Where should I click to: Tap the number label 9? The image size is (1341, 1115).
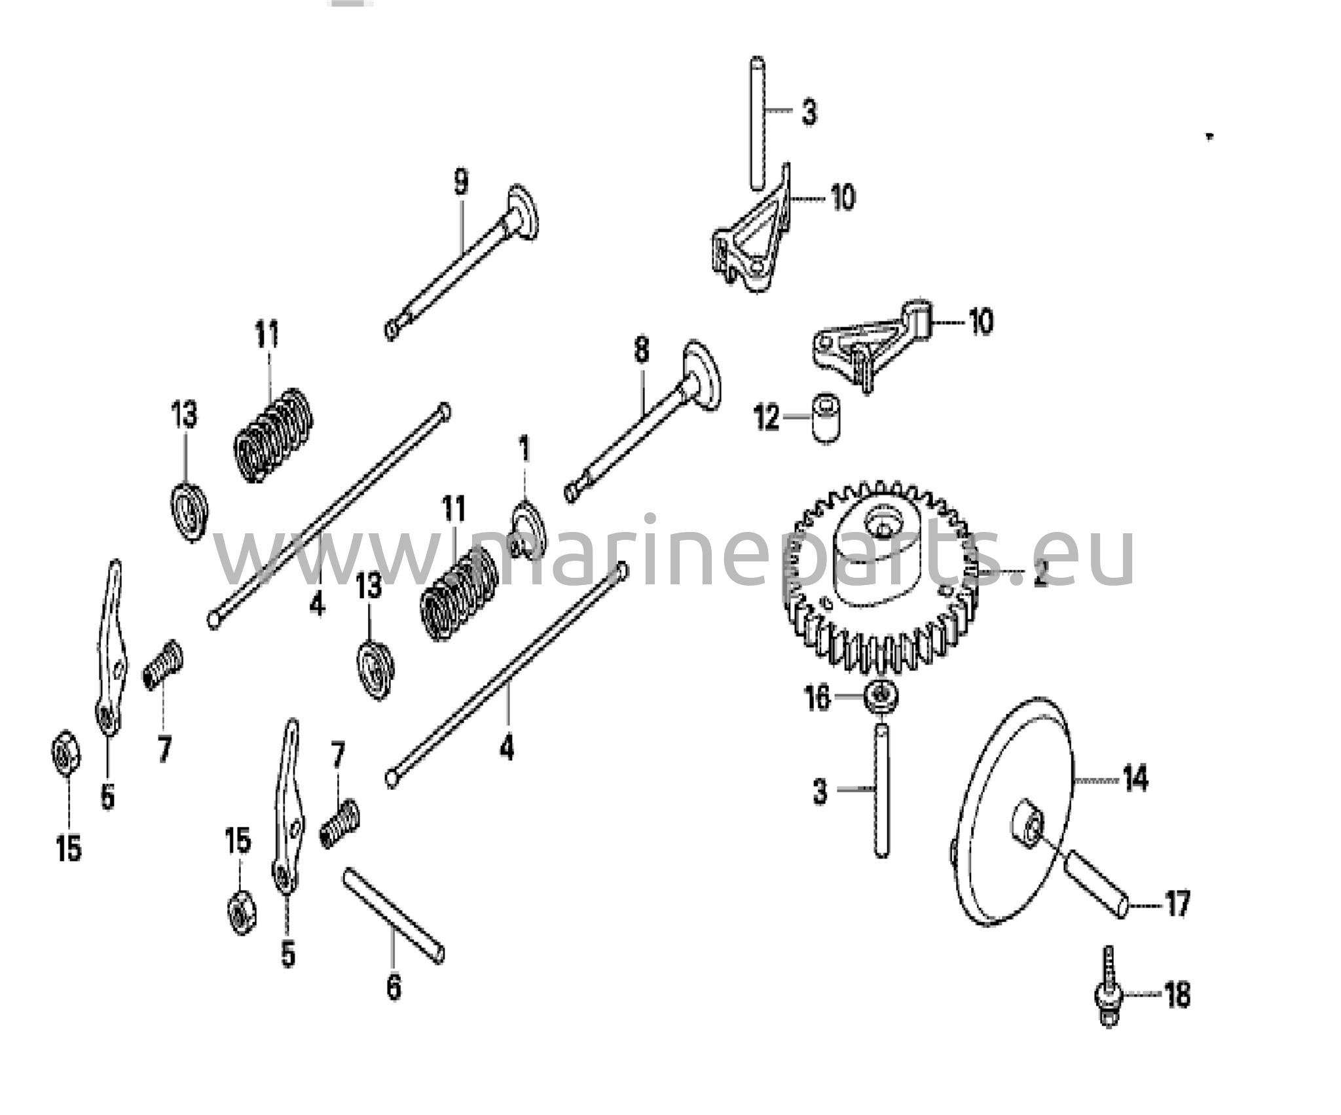click(461, 181)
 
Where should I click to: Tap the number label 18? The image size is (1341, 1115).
click(1177, 995)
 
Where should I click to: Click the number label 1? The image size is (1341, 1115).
click(524, 451)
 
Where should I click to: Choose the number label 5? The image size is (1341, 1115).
click(288, 953)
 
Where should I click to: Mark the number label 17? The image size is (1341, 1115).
click(1177, 905)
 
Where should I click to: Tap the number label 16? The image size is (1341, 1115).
click(818, 698)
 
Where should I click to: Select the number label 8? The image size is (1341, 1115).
click(641, 351)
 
